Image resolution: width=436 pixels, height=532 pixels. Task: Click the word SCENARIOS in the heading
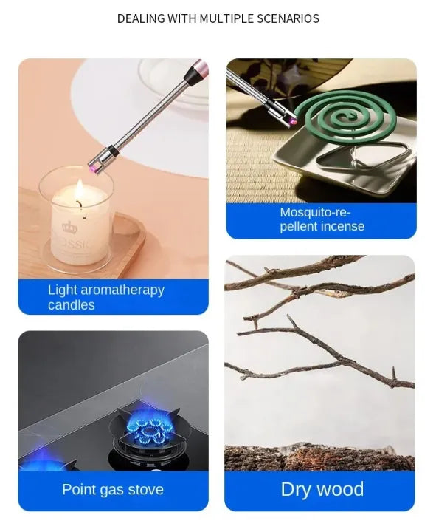pyautogui.click(x=284, y=18)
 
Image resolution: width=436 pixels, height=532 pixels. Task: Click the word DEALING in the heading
pyautogui.click(x=140, y=18)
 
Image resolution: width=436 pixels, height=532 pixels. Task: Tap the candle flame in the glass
pyautogui.click(x=77, y=196)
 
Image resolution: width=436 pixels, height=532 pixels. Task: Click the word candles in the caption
pyautogui.click(x=71, y=305)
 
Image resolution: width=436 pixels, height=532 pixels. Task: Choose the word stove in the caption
pyautogui.click(x=145, y=489)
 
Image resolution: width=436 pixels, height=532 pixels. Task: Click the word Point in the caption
pyautogui.click(x=79, y=489)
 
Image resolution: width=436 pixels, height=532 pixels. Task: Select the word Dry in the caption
pyautogui.click(x=297, y=489)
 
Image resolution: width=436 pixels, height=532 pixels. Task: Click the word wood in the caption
pyautogui.click(x=343, y=489)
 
